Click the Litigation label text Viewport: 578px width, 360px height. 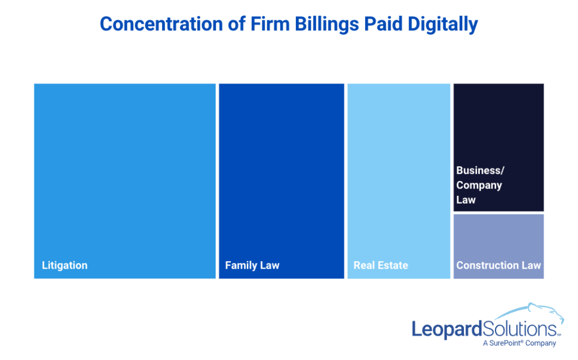64,266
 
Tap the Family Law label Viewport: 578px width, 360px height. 252,266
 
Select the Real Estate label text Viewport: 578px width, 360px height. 381,266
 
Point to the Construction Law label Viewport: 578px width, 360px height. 498,265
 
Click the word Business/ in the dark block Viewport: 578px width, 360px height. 480,170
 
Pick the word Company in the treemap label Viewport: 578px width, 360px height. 479,185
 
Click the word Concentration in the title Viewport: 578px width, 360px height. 161,24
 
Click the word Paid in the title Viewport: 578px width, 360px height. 383,24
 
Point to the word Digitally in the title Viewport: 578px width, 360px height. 443,25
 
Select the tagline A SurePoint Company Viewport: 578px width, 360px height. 519,343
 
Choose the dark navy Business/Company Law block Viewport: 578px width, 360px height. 498,147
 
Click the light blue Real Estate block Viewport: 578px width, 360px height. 399,181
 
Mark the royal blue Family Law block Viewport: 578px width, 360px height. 282,181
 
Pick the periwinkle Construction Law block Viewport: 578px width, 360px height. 498,246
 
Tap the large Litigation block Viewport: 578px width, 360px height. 125,181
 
